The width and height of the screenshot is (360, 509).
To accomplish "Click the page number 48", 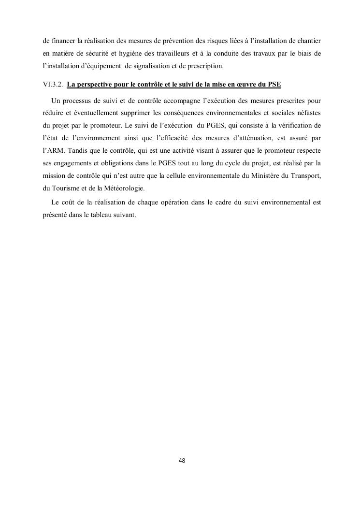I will coord(182,461).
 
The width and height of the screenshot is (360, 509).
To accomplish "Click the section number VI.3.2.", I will coord(52,85).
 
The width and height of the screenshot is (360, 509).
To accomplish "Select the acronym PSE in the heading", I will coord(274,85).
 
